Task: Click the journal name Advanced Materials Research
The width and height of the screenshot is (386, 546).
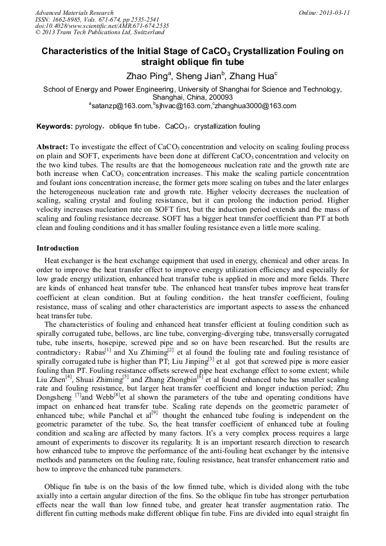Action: [74, 13]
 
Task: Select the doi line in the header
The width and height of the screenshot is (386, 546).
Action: [102, 26]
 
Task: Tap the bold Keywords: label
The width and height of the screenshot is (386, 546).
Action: [55, 126]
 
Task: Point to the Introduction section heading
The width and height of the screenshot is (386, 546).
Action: [58, 248]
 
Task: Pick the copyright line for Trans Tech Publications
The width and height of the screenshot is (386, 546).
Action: [100, 33]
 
